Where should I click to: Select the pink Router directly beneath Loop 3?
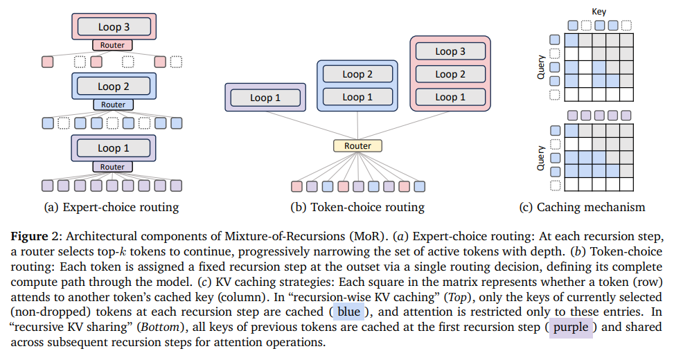(112, 45)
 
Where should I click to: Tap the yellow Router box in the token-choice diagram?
(357, 146)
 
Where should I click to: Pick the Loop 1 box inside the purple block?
(265, 98)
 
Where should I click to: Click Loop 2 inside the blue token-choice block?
(357, 74)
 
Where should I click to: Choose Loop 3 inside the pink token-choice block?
(450, 51)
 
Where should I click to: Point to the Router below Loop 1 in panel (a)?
(112, 167)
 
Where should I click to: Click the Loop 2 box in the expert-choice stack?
(113, 87)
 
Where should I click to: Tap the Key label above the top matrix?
(598, 12)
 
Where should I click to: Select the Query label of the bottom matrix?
(542, 157)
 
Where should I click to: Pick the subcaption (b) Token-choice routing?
(357, 207)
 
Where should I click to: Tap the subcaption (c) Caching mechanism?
(582, 207)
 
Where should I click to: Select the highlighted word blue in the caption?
(348, 312)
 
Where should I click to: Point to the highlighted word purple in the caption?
(571, 327)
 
